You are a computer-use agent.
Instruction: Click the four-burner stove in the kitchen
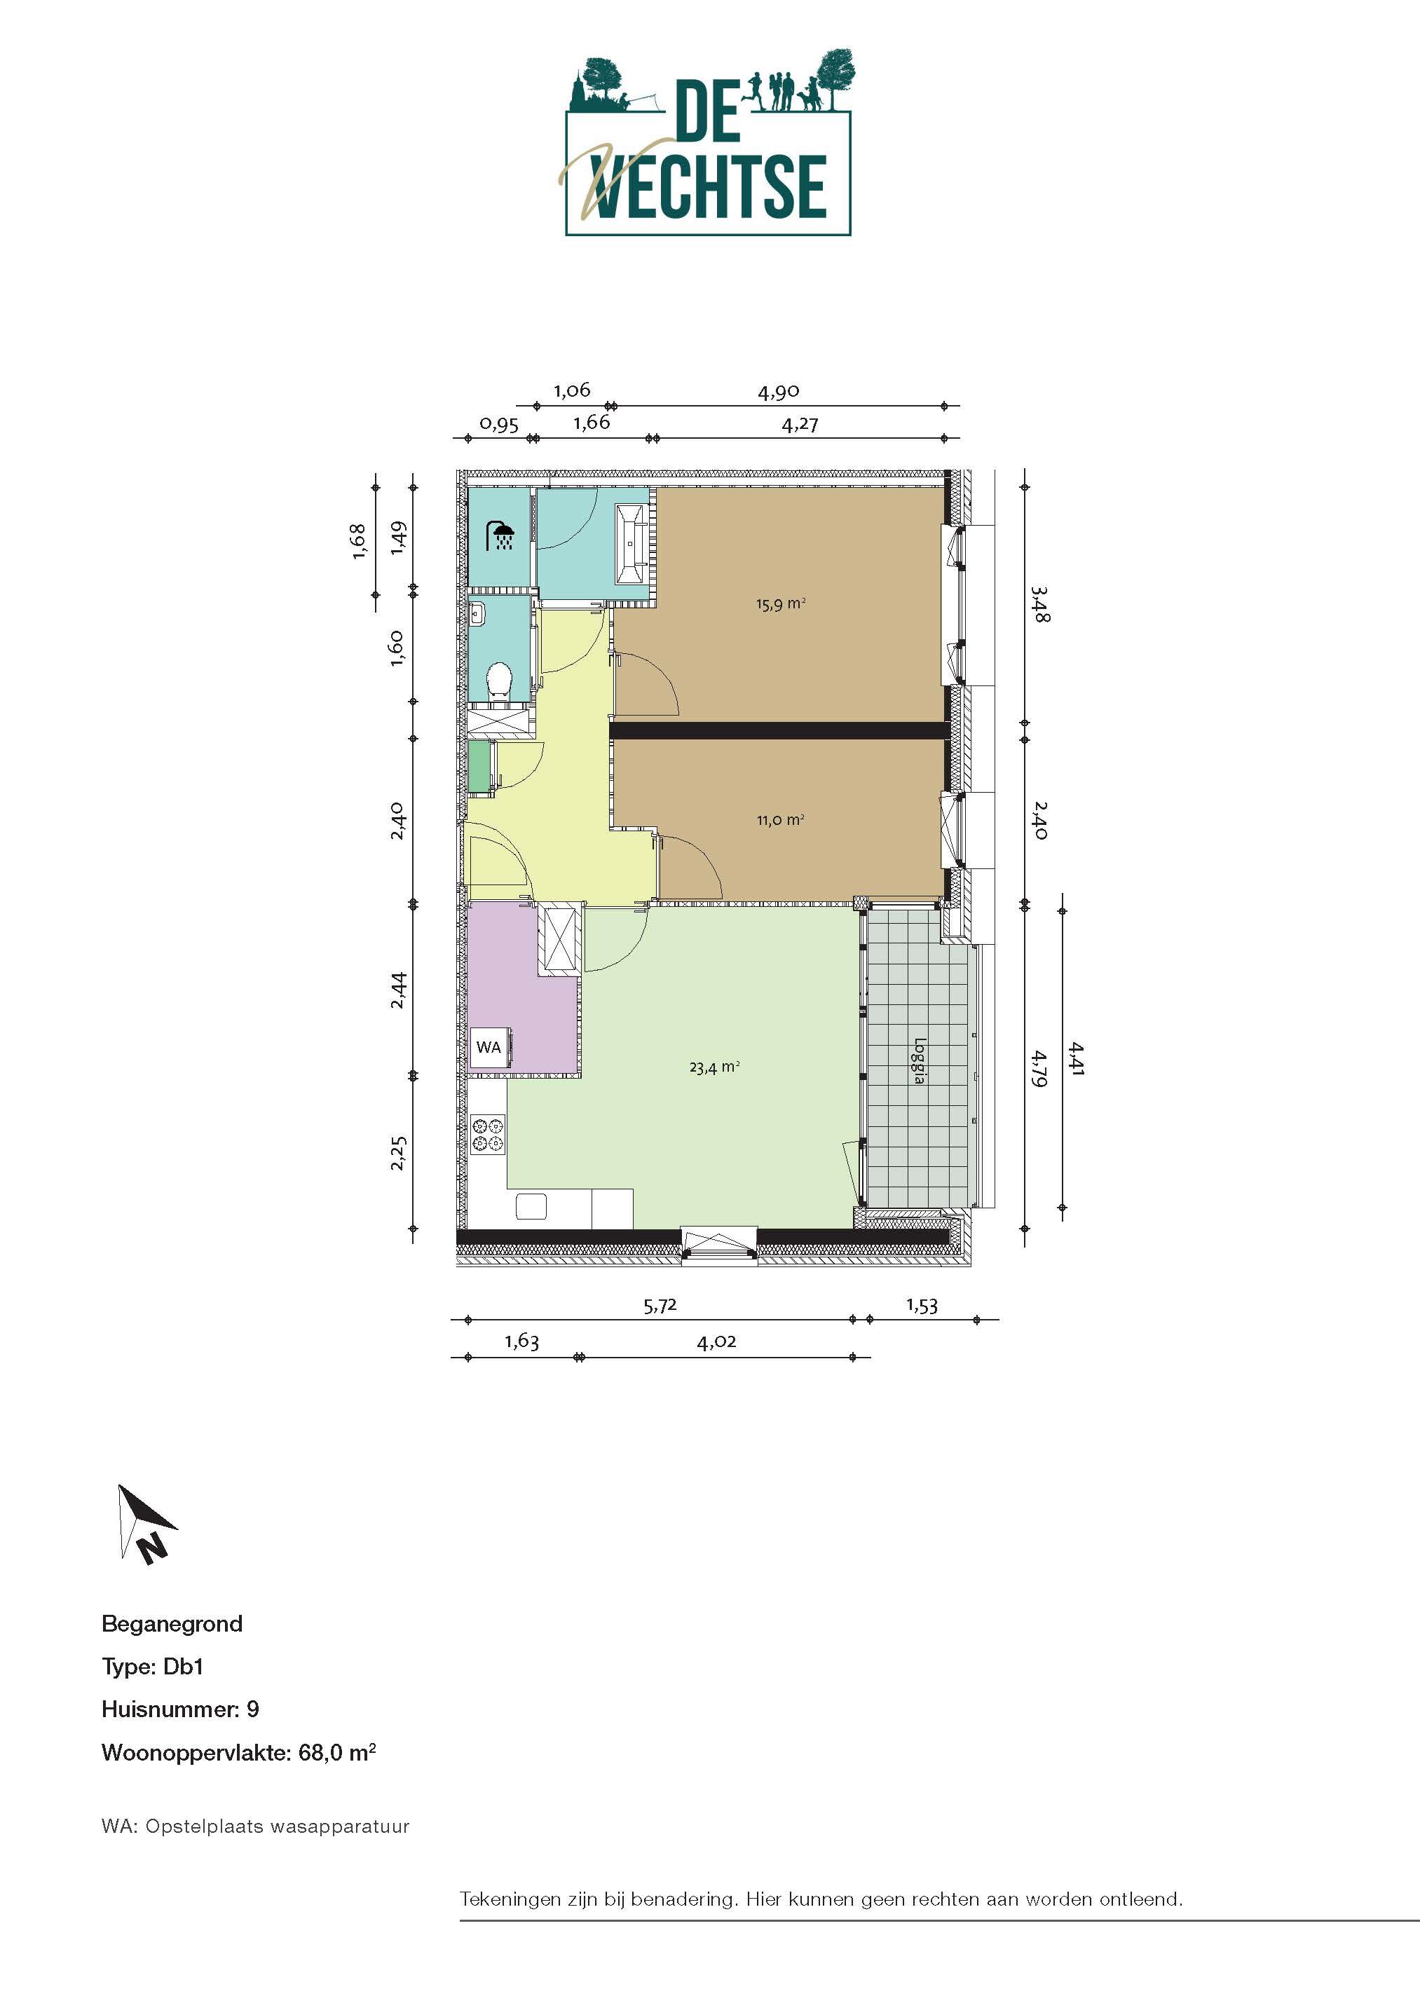488,1133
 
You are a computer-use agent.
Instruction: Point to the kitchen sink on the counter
531,1207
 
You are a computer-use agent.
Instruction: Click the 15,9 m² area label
780,603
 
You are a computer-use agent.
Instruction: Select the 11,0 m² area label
780,819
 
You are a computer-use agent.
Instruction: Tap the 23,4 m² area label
714,1067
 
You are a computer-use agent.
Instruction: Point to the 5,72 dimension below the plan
660,1306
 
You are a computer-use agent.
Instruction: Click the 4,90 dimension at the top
778,392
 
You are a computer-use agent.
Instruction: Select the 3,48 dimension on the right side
1039,603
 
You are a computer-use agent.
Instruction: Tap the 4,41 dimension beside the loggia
1075,1058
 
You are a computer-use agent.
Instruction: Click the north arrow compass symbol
145,1524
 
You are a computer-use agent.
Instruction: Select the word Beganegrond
172,1624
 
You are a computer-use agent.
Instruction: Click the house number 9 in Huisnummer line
253,1709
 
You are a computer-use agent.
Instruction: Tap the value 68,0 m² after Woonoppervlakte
336,1753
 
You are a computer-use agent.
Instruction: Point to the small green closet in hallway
478,766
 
